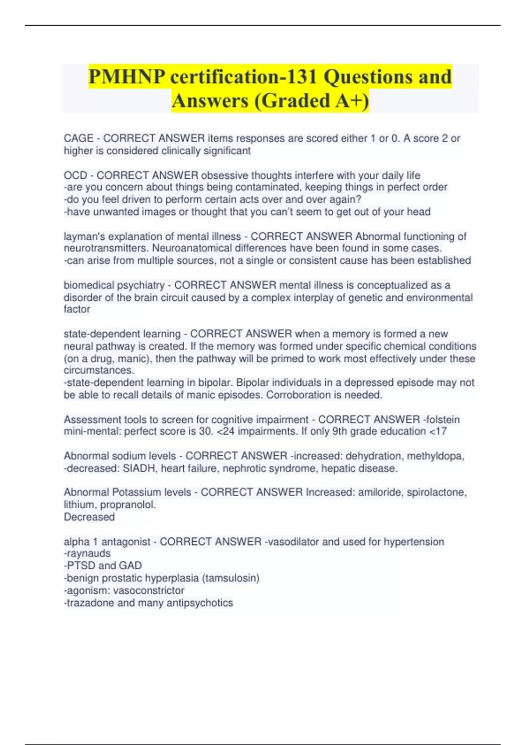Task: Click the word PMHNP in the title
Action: click(x=127, y=77)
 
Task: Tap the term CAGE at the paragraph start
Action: click(x=78, y=138)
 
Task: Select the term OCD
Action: click(x=75, y=176)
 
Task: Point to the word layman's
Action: click(x=83, y=237)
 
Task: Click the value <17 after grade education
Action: click(x=438, y=431)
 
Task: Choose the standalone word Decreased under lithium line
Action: click(x=89, y=517)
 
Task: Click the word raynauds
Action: click(x=89, y=553)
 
